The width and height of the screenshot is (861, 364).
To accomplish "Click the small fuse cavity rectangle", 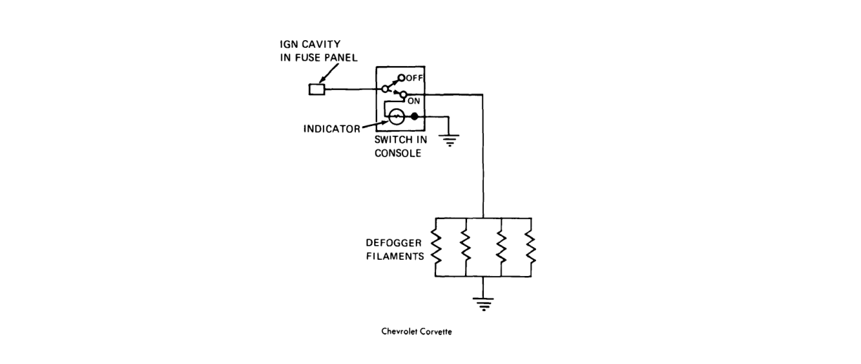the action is point(317,89).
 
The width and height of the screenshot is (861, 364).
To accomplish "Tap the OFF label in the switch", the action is point(414,78).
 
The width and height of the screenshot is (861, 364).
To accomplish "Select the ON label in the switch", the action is point(414,101).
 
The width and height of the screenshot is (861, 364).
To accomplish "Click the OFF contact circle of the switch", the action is point(401,77).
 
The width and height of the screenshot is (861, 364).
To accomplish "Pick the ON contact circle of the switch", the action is point(403,94).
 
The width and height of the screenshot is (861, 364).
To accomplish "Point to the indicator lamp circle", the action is point(396,117).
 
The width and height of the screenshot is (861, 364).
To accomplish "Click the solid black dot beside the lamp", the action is point(414,116).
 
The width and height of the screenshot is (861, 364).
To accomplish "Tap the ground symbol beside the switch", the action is point(449,140).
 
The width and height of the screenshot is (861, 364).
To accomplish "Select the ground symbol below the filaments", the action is point(483,304).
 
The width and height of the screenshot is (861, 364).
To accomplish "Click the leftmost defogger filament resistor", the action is point(435,247).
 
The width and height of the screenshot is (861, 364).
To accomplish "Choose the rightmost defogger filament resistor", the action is point(530,247).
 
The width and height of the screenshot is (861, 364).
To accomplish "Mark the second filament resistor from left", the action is point(466,247).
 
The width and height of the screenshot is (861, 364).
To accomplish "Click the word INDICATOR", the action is point(332,129).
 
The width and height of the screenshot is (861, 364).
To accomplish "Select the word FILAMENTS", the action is point(395,256).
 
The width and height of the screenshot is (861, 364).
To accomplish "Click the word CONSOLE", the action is point(398,153).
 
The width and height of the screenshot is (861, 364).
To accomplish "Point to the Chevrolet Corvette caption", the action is point(416,332).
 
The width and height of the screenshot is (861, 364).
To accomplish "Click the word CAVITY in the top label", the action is point(321,44).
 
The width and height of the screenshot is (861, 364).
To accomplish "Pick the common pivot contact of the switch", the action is point(385,89).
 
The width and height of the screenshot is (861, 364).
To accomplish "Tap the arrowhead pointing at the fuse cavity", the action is point(322,80).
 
